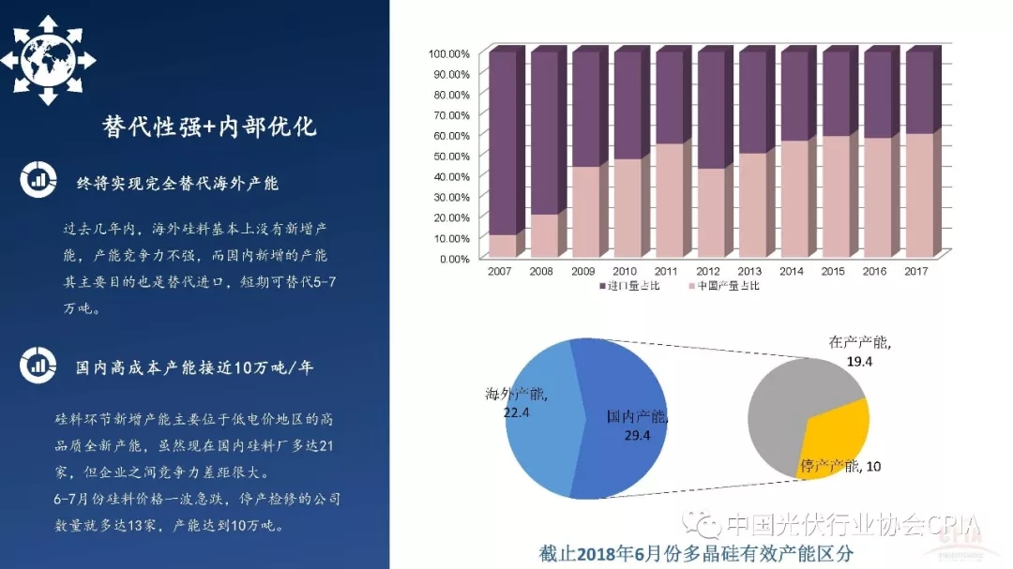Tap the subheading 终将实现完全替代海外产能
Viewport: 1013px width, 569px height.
point(177,183)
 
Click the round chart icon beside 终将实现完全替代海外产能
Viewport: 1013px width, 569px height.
point(38,180)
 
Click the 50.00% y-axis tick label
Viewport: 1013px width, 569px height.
point(451,156)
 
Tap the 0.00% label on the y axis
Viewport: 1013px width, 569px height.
point(453,259)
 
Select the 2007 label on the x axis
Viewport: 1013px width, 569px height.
point(500,271)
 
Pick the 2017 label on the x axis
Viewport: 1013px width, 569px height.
point(916,271)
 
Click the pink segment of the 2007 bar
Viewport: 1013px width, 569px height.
point(503,246)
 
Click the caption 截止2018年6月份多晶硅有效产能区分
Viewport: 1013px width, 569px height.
point(696,553)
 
